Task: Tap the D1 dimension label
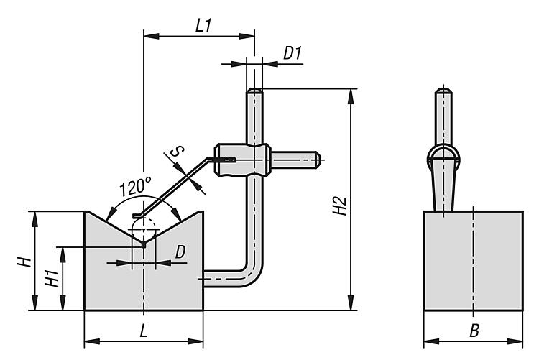tap(291, 52)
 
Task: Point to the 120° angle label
tap(136, 188)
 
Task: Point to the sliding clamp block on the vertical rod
tap(241, 160)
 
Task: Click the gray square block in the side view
tap(472, 261)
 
